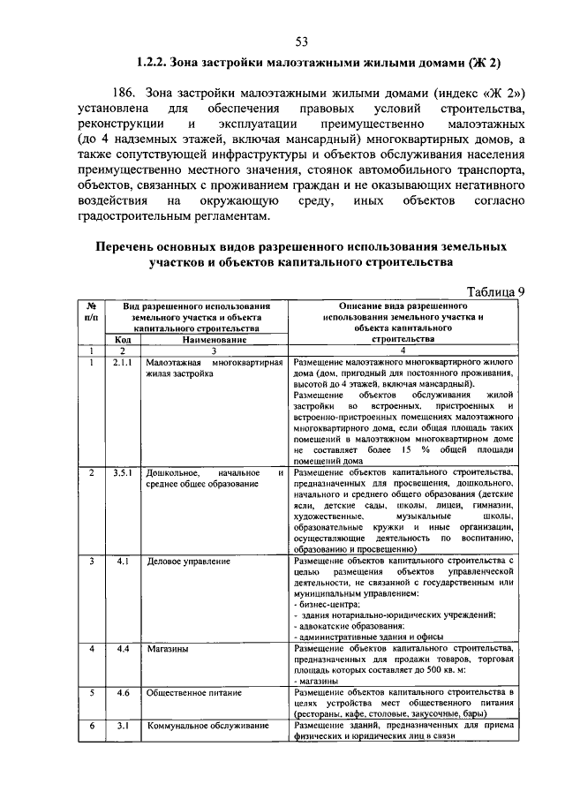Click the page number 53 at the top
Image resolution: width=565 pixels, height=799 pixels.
click(x=301, y=41)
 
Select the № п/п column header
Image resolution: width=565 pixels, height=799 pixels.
click(x=91, y=309)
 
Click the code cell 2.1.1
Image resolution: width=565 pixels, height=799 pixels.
click(x=123, y=362)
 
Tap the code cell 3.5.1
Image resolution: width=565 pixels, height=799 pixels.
click(x=123, y=474)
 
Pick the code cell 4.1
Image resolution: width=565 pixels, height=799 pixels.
click(x=123, y=561)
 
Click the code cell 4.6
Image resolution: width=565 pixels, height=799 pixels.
click(x=123, y=693)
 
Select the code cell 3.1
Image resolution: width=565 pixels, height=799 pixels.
click(x=123, y=726)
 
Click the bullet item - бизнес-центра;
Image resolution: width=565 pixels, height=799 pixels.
click(x=328, y=605)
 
